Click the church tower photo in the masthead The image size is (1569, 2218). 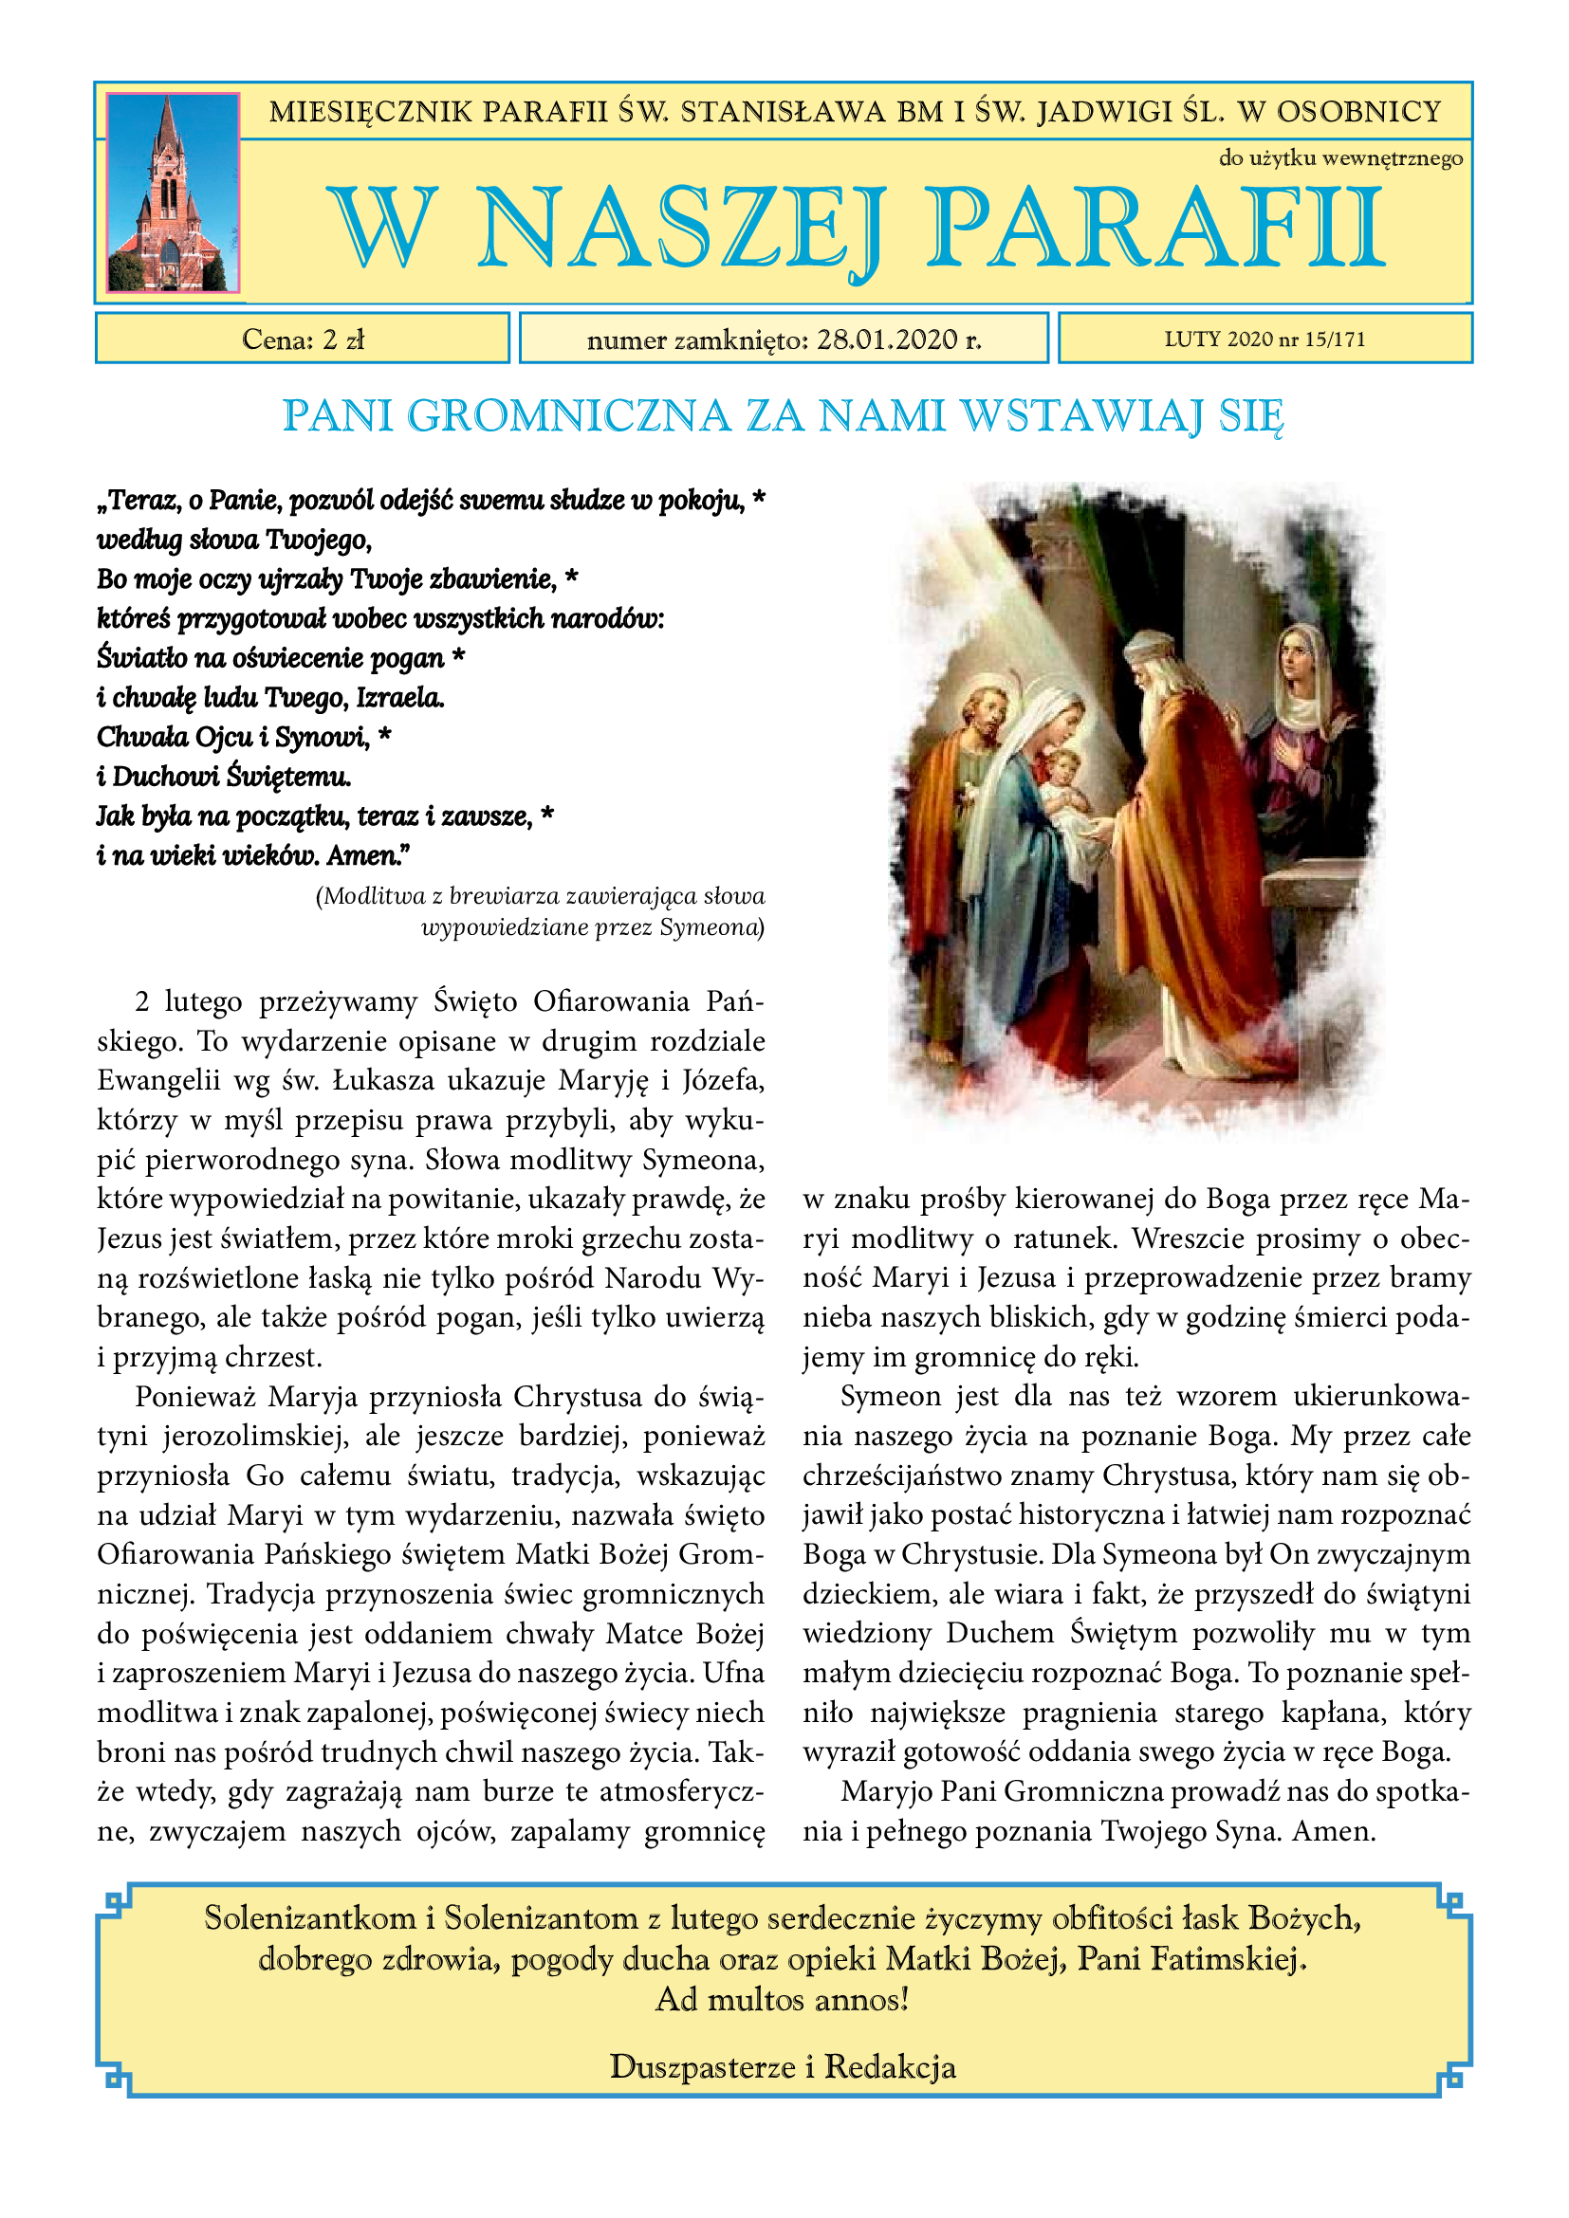pyautogui.click(x=172, y=193)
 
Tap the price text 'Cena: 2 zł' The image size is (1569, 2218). pyautogui.click(x=303, y=339)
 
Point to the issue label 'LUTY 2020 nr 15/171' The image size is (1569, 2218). pyautogui.click(x=1264, y=339)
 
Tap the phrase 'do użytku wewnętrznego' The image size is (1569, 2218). pyautogui.click(x=1340, y=158)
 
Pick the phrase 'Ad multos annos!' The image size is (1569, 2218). pyautogui.click(x=783, y=1999)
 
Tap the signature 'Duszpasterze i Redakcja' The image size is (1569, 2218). pyautogui.click(x=783, y=2066)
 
